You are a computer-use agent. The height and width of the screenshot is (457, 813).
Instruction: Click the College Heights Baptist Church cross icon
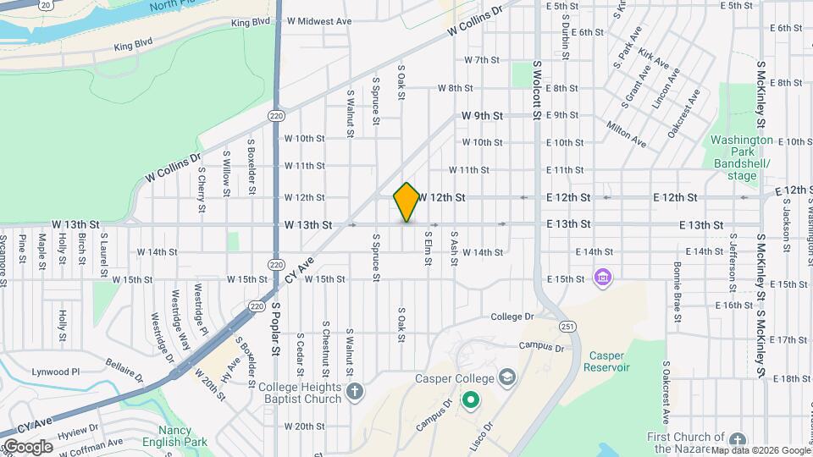(x=354, y=392)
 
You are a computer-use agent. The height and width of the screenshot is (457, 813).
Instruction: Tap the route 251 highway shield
(x=564, y=326)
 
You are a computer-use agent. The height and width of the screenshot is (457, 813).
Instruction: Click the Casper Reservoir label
(x=606, y=361)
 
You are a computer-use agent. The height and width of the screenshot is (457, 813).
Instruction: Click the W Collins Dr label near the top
(x=475, y=19)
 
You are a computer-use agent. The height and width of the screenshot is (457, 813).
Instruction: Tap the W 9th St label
(x=483, y=115)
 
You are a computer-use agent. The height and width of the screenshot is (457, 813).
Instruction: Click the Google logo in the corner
(x=27, y=447)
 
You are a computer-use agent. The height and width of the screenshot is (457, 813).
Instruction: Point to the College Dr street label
(x=512, y=317)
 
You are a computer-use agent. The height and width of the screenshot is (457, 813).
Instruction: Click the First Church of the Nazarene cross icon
(x=737, y=440)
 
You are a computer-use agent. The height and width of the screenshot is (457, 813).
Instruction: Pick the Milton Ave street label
(x=627, y=134)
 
